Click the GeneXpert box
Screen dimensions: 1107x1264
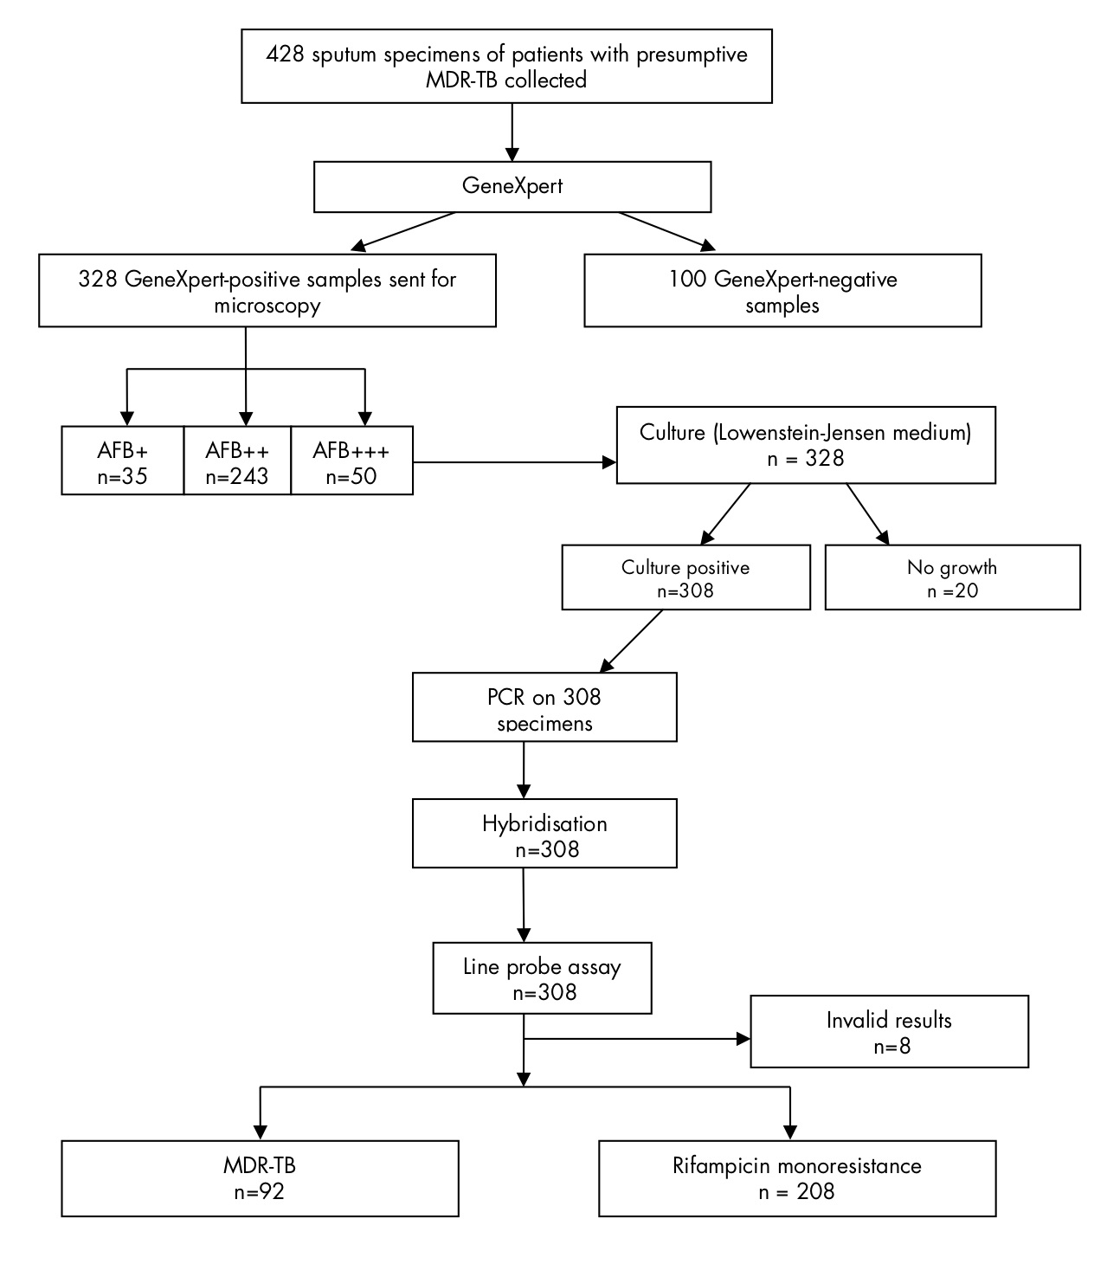(512, 186)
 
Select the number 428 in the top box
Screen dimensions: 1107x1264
(285, 55)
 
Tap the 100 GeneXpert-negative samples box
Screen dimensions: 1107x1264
(782, 290)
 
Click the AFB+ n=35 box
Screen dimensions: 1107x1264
(123, 461)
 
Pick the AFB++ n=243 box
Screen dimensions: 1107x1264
(237, 461)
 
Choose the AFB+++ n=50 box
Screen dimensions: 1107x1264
(351, 461)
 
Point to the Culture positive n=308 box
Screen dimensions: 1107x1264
(686, 577)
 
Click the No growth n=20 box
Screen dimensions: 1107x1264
(952, 577)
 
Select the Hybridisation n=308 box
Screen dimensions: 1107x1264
(544, 833)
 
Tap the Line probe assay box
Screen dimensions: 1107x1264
(542, 977)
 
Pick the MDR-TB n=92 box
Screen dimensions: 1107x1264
(260, 1178)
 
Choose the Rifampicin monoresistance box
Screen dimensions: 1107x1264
(797, 1178)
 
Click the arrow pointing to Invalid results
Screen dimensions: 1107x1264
(637, 1039)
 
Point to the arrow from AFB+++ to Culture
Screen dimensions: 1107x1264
(514, 462)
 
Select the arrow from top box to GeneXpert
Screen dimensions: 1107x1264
(512, 132)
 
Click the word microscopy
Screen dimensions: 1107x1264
(267, 306)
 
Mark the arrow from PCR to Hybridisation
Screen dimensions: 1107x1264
(524, 771)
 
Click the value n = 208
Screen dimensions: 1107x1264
(797, 1191)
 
